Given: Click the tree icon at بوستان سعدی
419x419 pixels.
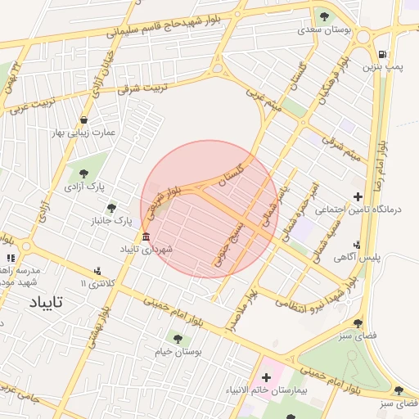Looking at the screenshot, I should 324,16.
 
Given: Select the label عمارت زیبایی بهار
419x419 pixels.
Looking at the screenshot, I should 84,133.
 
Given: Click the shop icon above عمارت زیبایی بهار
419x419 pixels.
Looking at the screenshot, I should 84,120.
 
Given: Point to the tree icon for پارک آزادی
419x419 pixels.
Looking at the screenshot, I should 83,172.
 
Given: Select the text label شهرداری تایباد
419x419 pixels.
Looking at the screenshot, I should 146,248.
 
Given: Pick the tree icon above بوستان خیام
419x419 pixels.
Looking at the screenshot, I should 178,337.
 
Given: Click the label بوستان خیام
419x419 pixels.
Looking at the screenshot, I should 178,351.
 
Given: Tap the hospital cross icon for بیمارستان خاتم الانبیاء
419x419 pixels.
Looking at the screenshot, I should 265,378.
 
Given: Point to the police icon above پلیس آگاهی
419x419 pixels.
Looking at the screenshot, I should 357,245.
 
